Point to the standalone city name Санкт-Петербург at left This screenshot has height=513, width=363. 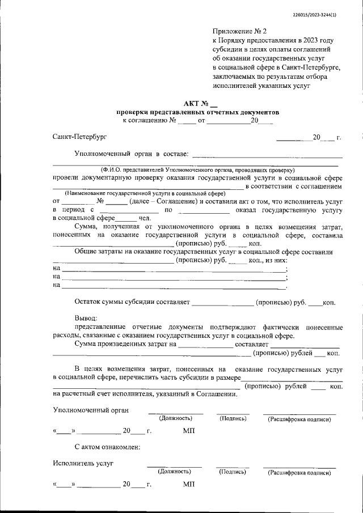[x=79, y=137]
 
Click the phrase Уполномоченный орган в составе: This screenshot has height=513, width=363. [x=131, y=154]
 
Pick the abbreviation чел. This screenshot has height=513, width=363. [x=145, y=218]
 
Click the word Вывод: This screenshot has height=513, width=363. [x=86, y=319]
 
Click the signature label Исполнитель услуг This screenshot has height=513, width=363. [x=83, y=463]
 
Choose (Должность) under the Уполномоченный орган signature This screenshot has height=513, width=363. [x=175, y=418]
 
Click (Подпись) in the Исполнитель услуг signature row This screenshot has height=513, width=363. [x=232, y=471]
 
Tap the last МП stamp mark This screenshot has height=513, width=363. [x=189, y=485]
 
